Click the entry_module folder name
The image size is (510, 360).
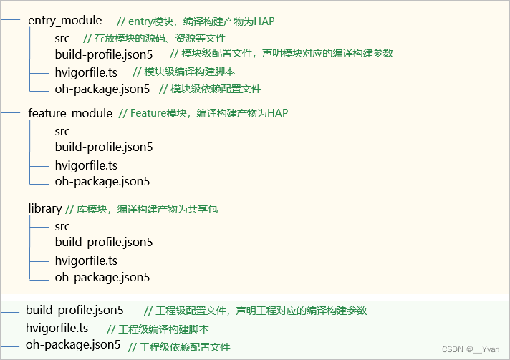coord(64,20)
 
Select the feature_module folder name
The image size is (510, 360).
coord(70,113)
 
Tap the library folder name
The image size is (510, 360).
coord(44,208)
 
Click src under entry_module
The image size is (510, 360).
coord(62,38)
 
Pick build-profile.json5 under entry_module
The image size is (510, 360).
coord(104,54)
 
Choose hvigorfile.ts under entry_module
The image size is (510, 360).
coord(86,72)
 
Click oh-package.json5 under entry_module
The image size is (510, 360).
coord(102,89)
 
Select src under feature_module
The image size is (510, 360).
coord(62,131)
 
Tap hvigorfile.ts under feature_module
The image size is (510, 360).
coord(86,165)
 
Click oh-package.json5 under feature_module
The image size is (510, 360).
coord(102,181)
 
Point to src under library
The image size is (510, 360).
coord(62,226)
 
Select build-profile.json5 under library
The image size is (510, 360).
coord(104,242)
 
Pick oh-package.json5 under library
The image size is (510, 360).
coord(102,277)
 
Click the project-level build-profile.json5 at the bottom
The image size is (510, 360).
coord(74,311)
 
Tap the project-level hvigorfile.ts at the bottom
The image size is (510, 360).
coord(57,328)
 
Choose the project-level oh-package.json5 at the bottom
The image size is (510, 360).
coord(73,345)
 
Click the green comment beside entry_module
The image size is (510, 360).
coord(195,21)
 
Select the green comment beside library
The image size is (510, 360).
coord(141,209)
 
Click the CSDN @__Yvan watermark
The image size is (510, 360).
coord(471,349)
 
